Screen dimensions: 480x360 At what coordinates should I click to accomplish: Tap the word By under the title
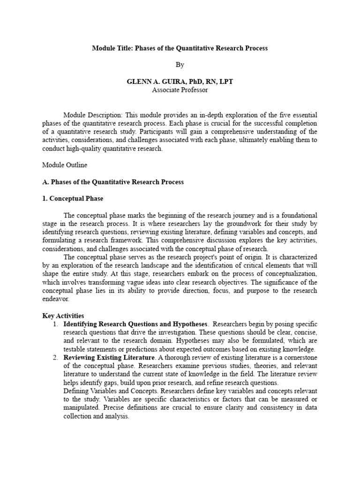coord(180,65)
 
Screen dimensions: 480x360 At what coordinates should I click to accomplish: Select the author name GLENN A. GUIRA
coord(153,82)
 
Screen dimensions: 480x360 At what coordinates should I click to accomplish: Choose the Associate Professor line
coord(180,90)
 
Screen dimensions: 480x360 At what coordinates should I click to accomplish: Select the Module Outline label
coord(65,165)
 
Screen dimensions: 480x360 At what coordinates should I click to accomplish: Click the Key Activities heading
coord(63,315)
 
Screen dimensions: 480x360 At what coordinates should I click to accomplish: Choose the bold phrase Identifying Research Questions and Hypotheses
coord(135,324)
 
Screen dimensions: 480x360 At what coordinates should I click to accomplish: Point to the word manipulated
coord(82,408)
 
